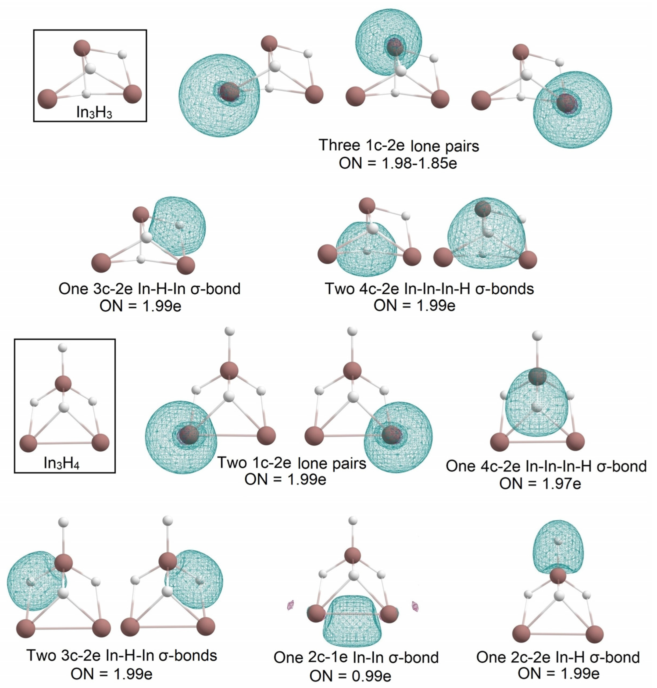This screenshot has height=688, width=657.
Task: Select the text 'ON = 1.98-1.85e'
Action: (398, 163)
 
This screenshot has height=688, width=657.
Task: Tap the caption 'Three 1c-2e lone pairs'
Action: (399, 145)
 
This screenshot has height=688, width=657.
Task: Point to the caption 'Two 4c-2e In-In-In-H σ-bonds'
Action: (429, 289)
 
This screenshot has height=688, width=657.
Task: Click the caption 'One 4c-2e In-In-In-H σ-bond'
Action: (546, 466)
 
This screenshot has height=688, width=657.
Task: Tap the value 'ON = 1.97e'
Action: (540, 484)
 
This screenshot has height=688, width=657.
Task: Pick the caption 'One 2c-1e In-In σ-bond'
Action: (356, 658)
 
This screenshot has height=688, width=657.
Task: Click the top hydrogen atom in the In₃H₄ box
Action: (63, 348)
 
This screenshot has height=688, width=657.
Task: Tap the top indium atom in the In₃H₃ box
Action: (82, 48)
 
